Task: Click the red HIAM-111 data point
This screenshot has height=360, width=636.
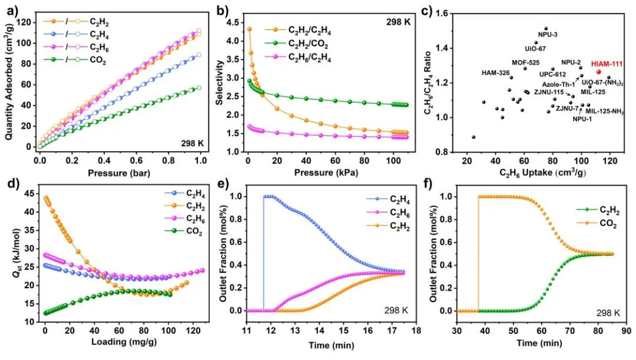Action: (598, 72)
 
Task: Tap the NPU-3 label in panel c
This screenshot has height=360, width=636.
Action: (548, 34)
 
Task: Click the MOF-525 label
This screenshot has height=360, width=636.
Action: (525, 62)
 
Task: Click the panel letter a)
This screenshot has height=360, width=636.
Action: (9, 9)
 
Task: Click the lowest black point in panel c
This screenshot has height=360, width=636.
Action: (473, 137)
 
